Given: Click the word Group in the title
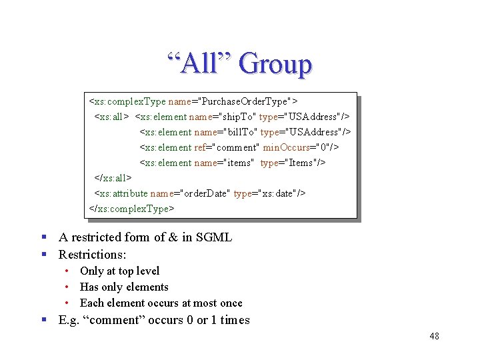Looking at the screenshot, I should click(275, 64).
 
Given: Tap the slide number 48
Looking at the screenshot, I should click(434, 336).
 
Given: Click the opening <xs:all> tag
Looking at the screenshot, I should click(111, 117).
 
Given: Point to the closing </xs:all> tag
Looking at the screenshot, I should click(113, 178).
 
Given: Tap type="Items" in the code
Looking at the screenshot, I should click(293, 163).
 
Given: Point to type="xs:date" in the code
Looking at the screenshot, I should click(269, 193).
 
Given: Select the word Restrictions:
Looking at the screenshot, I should click(92, 255).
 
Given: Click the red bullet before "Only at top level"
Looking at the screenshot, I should click(69, 271).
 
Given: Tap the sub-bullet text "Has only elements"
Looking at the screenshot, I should click(124, 287).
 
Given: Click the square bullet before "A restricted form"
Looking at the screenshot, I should click(43, 237).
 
